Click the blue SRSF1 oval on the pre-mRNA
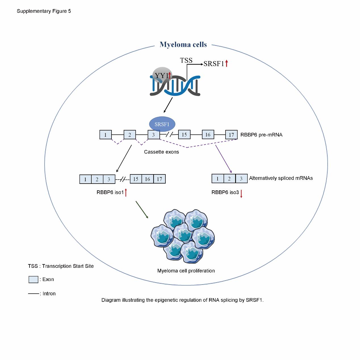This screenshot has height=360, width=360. click(x=162, y=124)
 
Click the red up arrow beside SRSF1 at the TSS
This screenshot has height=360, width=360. click(x=226, y=64)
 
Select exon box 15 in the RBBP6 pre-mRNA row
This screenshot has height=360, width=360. click(x=184, y=134)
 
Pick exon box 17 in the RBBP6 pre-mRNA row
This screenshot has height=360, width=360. click(x=231, y=135)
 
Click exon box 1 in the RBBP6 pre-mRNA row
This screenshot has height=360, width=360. click(x=106, y=135)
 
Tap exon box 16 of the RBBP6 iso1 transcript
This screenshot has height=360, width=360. click(x=148, y=179)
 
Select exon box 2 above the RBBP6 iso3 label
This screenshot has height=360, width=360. click(x=229, y=178)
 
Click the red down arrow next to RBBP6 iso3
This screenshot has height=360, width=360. click(x=241, y=194)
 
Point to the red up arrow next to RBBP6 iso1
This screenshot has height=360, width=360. click(x=126, y=193)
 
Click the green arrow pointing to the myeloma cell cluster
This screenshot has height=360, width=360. click(x=142, y=210)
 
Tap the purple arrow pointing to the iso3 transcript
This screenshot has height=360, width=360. click(x=224, y=159)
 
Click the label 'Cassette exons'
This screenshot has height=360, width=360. click(x=161, y=152)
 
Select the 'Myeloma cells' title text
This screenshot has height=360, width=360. click(x=183, y=45)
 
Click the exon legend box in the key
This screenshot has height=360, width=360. click(x=33, y=279)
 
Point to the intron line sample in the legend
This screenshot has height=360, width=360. click(x=33, y=294)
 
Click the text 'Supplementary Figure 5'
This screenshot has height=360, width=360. click(x=44, y=11)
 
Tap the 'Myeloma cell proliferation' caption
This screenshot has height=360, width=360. click(x=186, y=271)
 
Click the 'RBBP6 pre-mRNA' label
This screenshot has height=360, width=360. click(x=261, y=135)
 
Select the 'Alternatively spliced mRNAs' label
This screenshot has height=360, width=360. click(x=281, y=178)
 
